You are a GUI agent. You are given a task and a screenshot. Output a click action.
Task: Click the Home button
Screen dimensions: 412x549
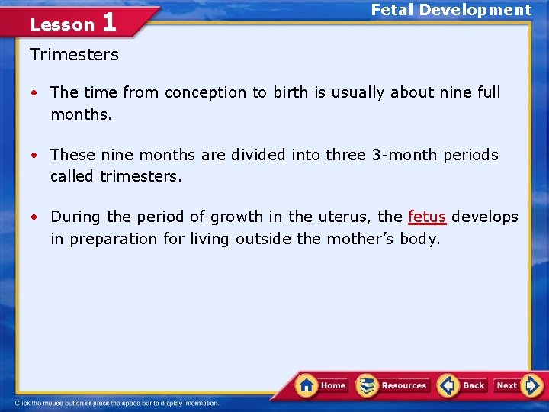coord(322,385)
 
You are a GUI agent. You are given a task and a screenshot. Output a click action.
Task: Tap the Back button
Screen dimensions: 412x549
coord(462,385)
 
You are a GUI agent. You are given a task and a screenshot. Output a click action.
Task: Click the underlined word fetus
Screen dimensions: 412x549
coord(427,217)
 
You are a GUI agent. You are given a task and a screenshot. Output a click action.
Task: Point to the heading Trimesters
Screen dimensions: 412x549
coord(75,55)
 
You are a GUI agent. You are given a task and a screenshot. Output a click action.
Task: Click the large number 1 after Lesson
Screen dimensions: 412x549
coord(108,22)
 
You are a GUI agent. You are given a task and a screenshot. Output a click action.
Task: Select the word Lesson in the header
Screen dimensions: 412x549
coord(62,25)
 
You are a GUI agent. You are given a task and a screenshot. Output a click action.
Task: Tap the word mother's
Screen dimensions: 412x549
coord(361,239)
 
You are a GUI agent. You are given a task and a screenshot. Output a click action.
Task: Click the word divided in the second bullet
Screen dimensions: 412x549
coord(253,155)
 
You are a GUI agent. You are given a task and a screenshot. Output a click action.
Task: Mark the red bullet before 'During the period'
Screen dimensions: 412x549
coord(35,217)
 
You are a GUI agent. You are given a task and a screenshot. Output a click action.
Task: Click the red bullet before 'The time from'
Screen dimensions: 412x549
coord(35,93)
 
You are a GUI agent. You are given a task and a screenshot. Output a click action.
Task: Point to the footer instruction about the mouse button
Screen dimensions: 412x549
coord(117,403)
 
